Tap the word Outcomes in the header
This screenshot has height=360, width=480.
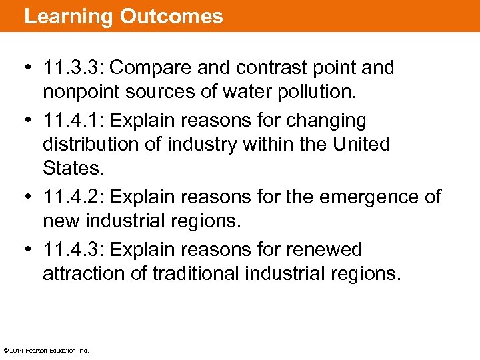171,16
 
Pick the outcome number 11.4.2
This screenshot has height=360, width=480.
73,197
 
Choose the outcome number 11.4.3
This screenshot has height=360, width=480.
73,250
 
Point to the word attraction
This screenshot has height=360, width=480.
86,273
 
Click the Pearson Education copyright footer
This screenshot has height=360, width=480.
46,350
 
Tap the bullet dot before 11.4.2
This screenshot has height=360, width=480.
29,197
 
